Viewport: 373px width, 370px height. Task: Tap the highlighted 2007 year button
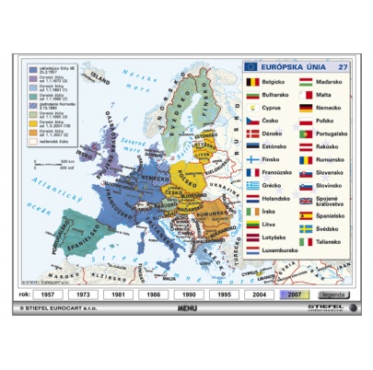(x=295, y=295)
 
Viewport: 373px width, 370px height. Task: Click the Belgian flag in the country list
(x=252, y=82)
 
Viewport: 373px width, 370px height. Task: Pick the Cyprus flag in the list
(x=252, y=108)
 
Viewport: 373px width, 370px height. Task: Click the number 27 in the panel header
(x=343, y=66)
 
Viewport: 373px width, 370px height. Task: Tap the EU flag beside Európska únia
(x=251, y=66)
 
